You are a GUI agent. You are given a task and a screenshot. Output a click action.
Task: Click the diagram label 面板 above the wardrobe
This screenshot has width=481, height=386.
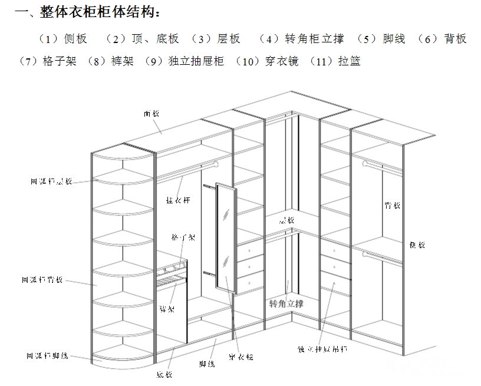(x=151, y=113)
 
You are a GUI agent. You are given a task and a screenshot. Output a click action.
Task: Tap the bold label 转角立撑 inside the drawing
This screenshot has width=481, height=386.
(x=286, y=304)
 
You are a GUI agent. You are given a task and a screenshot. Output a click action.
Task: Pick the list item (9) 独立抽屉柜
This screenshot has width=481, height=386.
(x=187, y=61)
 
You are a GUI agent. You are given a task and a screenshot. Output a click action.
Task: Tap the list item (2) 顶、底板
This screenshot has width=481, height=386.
(x=142, y=39)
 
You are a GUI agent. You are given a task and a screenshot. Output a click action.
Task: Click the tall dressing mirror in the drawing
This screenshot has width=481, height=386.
(x=224, y=239)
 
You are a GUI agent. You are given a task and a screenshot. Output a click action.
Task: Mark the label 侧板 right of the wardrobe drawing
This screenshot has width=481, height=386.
(x=416, y=245)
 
